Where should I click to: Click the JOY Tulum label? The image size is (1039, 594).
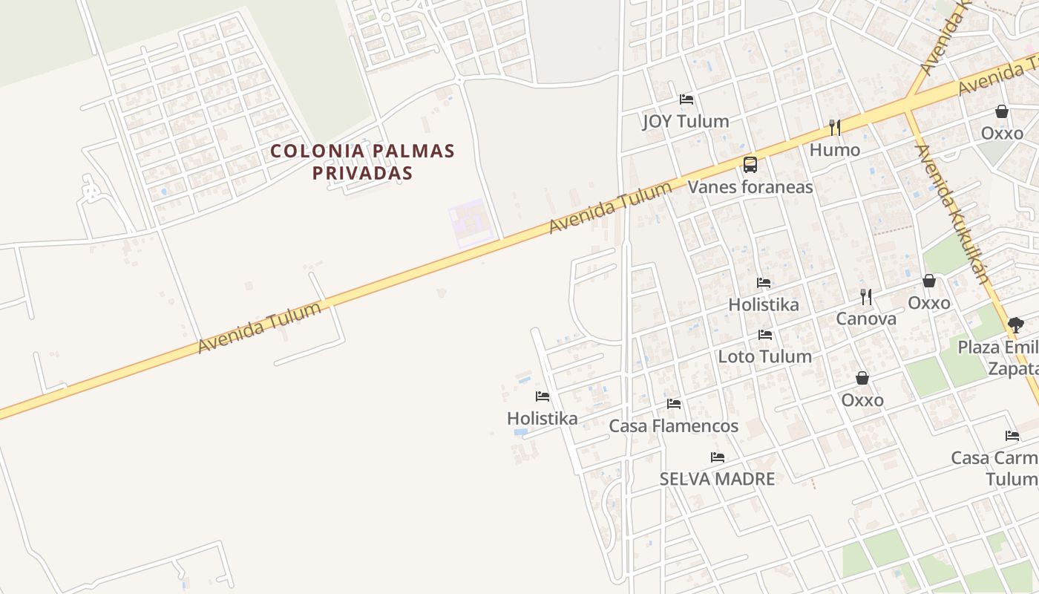(x=686, y=121)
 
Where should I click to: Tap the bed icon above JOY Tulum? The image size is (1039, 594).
(x=686, y=99)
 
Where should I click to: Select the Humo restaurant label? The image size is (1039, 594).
(x=835, y=150)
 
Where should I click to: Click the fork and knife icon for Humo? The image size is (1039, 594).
(x=835, y=128)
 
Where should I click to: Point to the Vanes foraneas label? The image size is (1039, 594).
(x=750, y=186)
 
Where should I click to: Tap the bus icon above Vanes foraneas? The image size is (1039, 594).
(x=750, y=164)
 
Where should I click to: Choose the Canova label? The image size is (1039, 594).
(x=866, y=319)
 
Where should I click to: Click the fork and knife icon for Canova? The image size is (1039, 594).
(x=866, y=297)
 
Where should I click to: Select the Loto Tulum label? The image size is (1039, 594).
(x=764, y=356)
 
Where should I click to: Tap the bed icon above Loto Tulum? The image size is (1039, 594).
(x=765, y=335)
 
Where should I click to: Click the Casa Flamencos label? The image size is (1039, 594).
(x=673, y=425)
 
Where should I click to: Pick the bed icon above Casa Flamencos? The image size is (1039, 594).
(x=674, y=404)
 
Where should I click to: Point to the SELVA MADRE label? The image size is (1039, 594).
(x=717, y=479)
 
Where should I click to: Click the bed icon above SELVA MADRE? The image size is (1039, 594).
(x=717, y=457)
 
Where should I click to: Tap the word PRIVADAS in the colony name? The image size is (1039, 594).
(x=362, y=173)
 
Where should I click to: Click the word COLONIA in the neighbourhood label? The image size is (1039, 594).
(x=307, y=151)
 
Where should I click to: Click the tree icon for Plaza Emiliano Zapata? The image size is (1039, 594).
(x=1015, y=324)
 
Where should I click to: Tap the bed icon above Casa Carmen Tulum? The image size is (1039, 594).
(x=1012, y=436)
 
